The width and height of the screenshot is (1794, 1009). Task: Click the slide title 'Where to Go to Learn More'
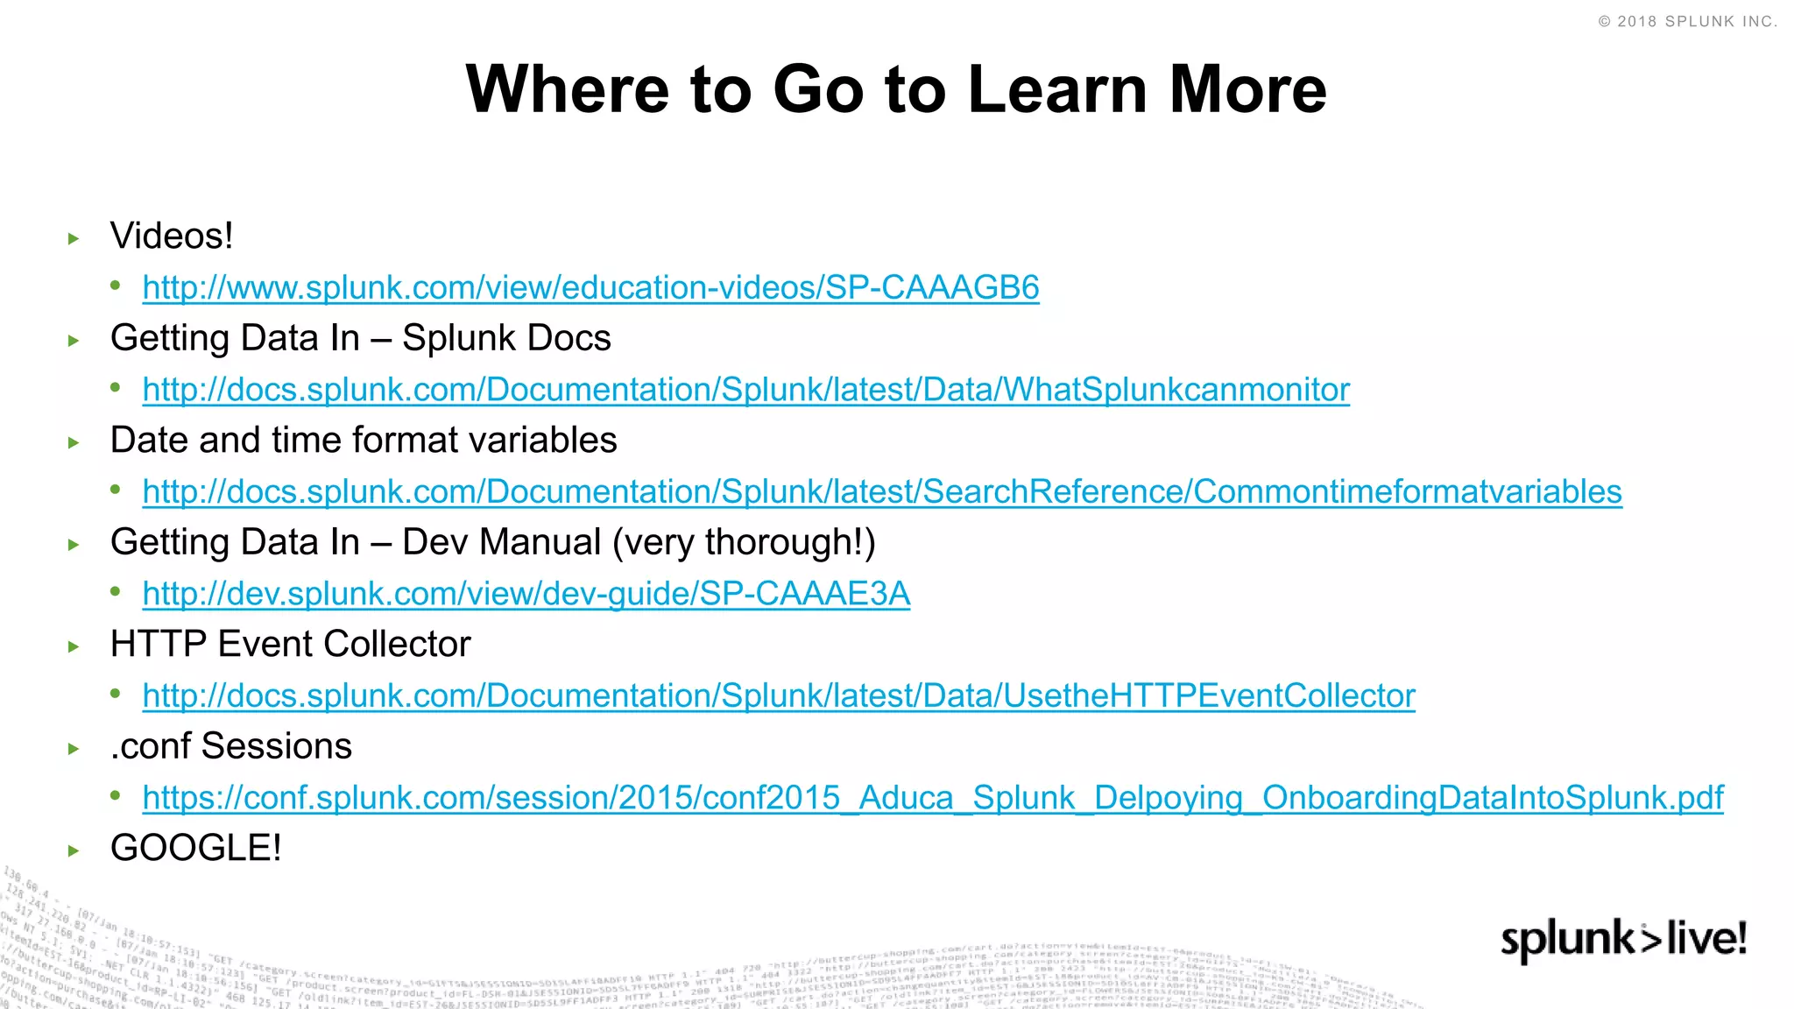coord(896,89)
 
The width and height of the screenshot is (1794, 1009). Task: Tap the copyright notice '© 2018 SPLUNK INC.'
coord(1687,22)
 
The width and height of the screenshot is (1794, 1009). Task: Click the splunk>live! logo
coord(1623,940)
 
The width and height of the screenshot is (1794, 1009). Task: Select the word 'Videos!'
coord(172,236)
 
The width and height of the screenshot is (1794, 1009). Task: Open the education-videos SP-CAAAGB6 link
coord(590,288)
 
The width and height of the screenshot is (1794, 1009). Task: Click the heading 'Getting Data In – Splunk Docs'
coord(360,338)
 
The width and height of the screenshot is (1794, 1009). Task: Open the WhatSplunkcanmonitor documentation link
coord(745,390)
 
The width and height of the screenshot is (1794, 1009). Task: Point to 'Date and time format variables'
coord(364,441)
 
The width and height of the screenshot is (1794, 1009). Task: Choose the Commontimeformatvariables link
coord(882,492)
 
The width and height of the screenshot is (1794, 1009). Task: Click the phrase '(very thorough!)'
coord(744,542)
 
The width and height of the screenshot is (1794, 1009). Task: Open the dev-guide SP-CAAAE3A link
coord(526,594)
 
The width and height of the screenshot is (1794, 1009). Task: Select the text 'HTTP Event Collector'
coord(290,645)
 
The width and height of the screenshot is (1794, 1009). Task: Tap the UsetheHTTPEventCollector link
coord(779,696)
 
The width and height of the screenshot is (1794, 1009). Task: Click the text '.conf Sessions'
coord(231,746)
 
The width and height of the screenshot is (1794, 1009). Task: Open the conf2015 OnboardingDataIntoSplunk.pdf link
coord(933,798)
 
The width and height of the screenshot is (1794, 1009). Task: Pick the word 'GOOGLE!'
coord(196,848)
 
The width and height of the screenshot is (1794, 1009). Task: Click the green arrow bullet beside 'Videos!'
coord(74,238)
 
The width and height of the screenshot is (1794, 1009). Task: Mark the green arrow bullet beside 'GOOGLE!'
coord(74,850)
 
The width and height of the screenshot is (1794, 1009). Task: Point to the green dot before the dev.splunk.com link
coord(116,592)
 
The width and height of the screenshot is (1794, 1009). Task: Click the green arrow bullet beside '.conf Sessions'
coord(74,749)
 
